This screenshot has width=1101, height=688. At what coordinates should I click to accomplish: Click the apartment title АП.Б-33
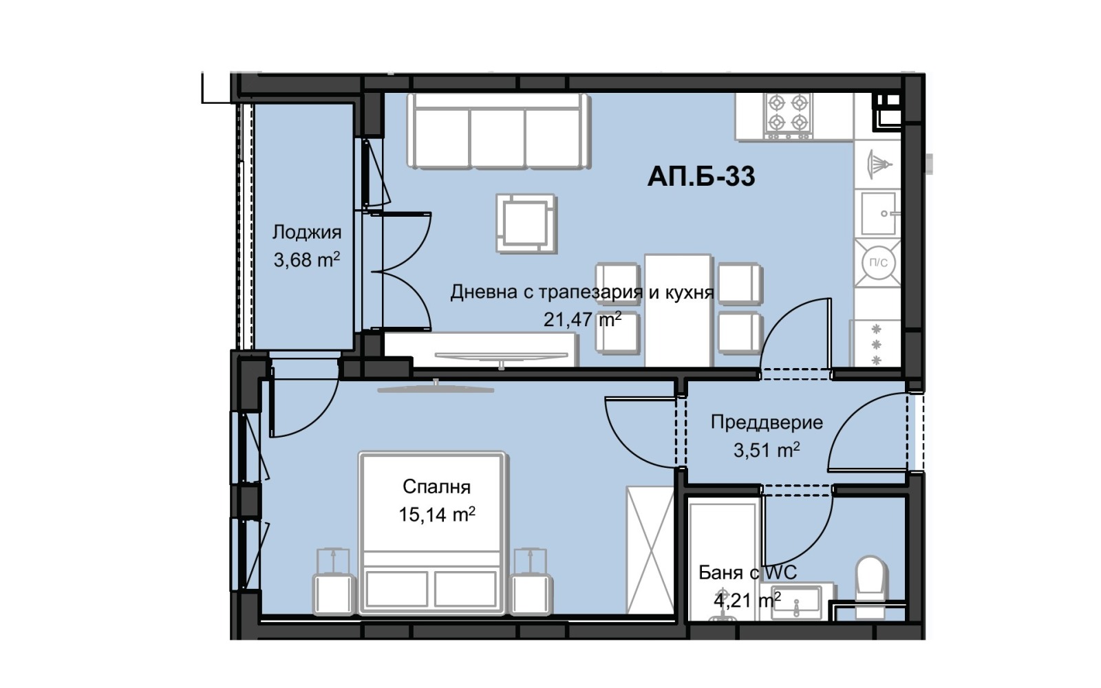click(x=701, y=177)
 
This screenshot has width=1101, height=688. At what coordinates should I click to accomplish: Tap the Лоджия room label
click(x=307, y=232)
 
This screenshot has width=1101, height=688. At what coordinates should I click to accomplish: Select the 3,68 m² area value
click(x=307, y=260)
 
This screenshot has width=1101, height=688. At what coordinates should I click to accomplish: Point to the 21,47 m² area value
click(x=582, y=319)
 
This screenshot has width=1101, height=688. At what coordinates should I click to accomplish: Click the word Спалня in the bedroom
click(x=436, y=487)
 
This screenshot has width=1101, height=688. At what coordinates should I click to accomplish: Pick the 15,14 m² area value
click(x=436, y=515)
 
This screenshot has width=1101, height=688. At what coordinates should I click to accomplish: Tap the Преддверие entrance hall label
click(x=766, y=422)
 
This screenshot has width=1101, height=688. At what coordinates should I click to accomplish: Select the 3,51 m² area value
click(x=766, y=451)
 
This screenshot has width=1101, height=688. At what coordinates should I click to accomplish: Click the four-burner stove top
click(x=788, y=114)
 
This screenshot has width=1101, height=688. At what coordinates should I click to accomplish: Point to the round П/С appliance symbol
click(x=878, y=262)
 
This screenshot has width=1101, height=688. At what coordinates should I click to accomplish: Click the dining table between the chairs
click(x=677, y=310)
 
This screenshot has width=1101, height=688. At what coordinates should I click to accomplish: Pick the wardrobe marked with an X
click(x=650, y=550)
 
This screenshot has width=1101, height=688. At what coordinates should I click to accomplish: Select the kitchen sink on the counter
click(x=877, y=213)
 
